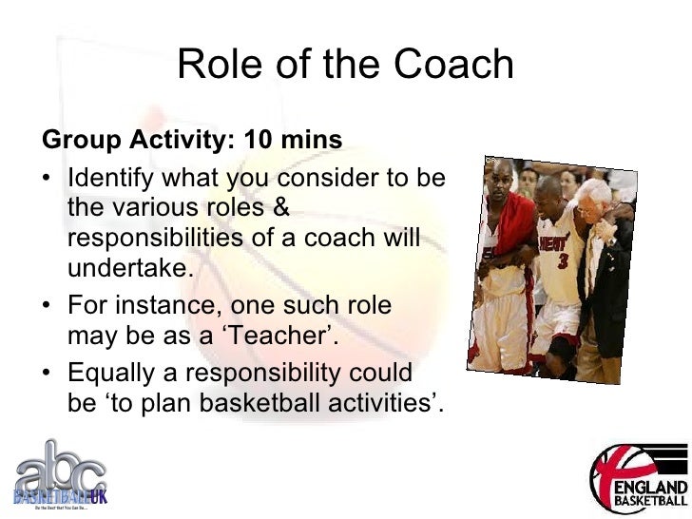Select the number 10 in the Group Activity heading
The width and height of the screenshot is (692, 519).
click(258, 142)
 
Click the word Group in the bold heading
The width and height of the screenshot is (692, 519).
click(74, 142)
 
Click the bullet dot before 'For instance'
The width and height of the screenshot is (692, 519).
click(48, 307)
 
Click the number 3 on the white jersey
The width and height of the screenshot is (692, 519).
click(563, 260)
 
